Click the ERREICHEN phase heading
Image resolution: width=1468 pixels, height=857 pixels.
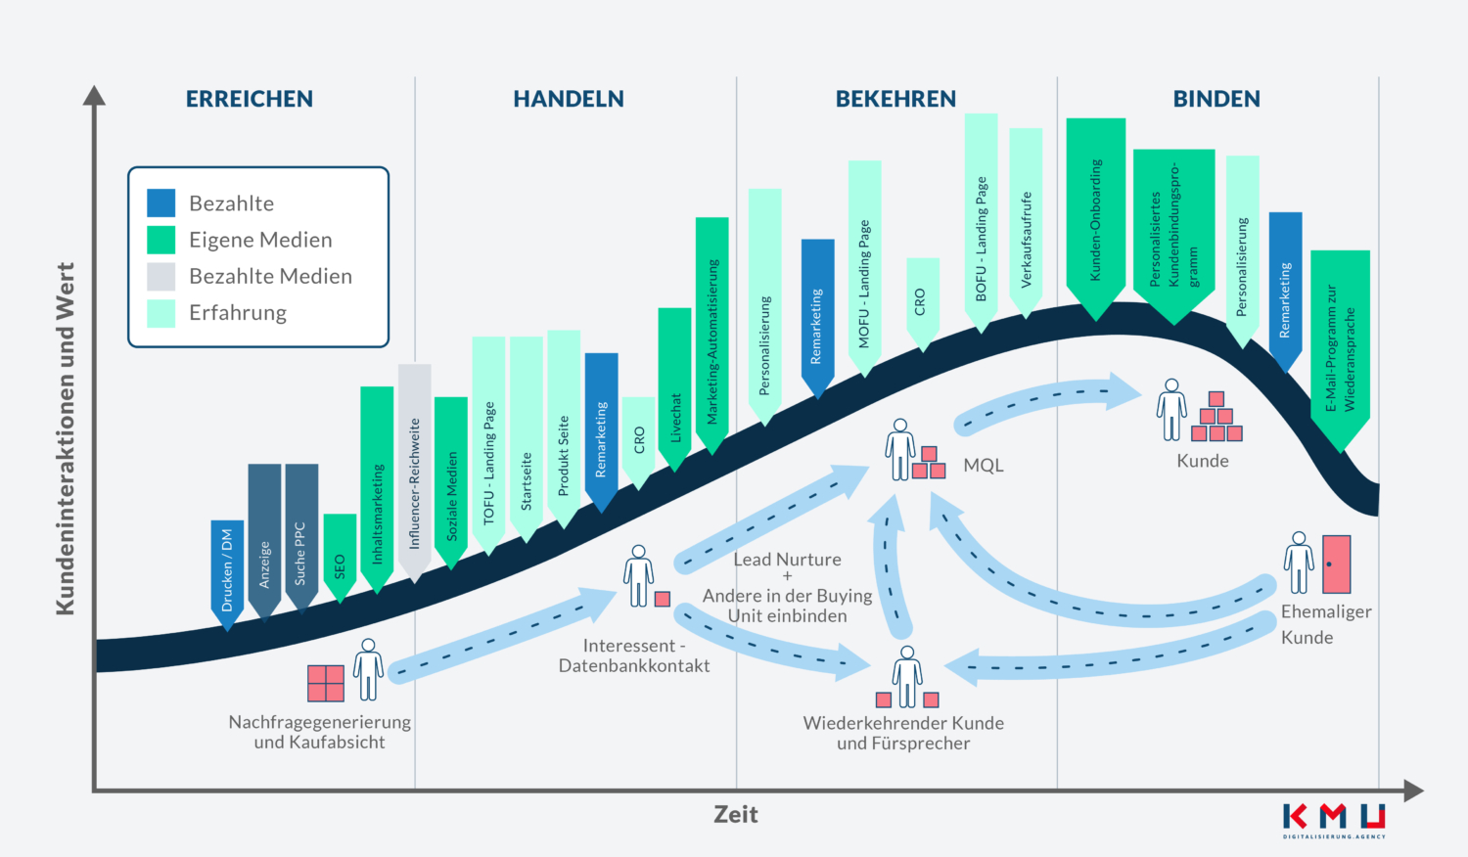[x=250, y=99]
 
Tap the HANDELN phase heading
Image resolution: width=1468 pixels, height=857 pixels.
[x=569, y=99]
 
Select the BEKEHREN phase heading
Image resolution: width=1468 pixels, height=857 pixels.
[x=895, y=99]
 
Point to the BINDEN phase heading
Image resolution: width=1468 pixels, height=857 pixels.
[x=1216, y=99]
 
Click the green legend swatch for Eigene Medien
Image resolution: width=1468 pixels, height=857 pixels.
[x=161, y=240]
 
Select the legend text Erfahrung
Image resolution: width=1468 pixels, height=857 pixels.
[x=238, y=313]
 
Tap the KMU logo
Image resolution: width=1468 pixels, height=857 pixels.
[x=1334, y=820]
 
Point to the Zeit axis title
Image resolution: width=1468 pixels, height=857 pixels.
[x=735, y=815]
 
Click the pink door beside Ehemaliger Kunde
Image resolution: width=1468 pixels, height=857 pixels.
[x=1336, y=564]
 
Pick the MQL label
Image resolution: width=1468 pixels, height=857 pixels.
[x=984, y=466]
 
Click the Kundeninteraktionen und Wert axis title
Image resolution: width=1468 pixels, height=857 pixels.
[x=66, y=438]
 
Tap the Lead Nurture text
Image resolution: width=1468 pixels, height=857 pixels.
[x=788, y=560]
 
